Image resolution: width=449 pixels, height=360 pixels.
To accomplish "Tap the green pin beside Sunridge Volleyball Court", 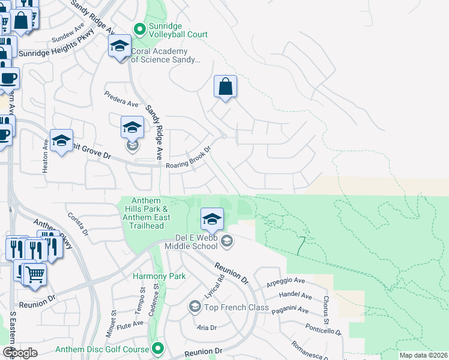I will point(140,28).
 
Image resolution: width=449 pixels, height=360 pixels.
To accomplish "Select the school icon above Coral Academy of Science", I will point(119,46).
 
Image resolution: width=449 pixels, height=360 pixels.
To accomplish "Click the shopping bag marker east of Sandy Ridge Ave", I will point(225,86).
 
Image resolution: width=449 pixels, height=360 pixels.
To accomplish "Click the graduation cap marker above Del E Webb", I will point(211,220).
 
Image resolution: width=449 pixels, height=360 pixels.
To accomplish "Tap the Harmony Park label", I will point(159,276).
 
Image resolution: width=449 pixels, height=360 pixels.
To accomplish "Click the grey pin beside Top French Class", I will point(194,307).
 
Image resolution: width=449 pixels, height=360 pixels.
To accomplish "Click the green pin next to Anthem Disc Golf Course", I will point(158,348).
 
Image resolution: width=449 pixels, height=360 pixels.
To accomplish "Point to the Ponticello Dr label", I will point(323,329).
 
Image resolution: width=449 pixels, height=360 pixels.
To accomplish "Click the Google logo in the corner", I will point(19,353).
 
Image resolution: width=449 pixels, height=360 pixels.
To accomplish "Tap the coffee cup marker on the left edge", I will point(8,78).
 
